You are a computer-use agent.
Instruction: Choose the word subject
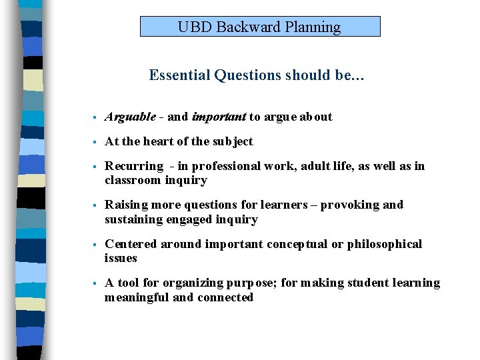233,141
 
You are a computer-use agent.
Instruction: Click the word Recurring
134,166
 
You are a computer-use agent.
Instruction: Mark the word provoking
349,205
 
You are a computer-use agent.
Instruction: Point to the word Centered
131,244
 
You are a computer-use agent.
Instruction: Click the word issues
121,258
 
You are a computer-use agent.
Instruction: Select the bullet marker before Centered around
96,245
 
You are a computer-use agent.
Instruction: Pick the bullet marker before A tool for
96,283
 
